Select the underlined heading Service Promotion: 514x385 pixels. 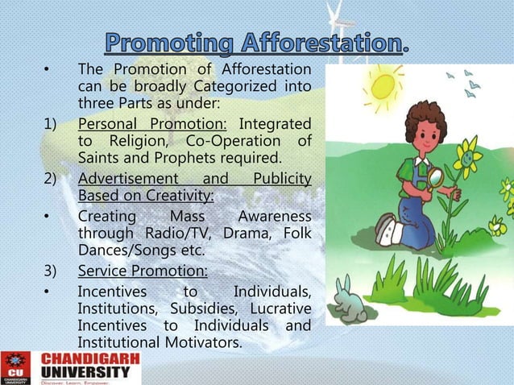point(143,271)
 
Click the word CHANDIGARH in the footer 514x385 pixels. point(90,358)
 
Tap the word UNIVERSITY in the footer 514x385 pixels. point(90,372)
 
